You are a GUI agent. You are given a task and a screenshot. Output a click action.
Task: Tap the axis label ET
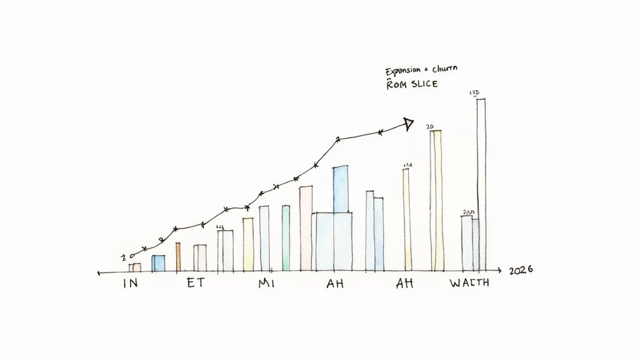click(195, 283)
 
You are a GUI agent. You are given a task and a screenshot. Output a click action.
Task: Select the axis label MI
click(266, 283)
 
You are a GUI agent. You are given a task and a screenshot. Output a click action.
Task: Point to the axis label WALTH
click(470, 283)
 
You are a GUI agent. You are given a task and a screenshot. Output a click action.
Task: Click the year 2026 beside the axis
click(521, 271)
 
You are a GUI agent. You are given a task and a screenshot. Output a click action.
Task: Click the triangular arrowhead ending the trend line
click(408, 123)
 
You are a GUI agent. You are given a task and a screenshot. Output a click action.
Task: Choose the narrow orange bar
click(178, 257)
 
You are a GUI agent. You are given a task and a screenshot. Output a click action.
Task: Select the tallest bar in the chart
click(481, 184)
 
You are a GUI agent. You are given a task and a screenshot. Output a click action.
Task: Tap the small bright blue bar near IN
click(159, 263)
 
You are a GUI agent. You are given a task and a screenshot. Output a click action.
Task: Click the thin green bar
click(286, 238)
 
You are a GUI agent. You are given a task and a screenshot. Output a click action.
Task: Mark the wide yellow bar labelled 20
click(436, 201)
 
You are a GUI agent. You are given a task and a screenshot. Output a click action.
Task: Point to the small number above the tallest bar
click(474, 94)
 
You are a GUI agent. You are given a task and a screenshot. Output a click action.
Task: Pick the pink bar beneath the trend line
click(306, 228)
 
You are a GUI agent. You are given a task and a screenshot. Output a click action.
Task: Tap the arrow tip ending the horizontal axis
click(499, 271)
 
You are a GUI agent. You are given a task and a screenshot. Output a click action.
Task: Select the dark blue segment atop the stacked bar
click(341, 189)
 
